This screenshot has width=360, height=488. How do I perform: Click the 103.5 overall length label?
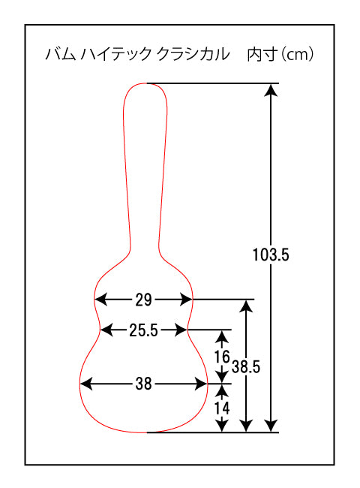coord(271,255)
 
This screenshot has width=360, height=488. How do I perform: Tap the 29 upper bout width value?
coord(143,300)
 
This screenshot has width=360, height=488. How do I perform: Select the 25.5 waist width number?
coord(144,330)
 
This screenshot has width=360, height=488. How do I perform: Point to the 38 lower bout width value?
coord(143,384)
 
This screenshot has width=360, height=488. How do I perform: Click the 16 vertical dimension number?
coord(222,357)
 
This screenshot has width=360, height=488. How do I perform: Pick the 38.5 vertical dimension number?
coord(245,366)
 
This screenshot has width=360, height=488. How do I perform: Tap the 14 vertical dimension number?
coord(222,408)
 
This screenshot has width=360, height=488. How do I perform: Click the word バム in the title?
coord(61,54)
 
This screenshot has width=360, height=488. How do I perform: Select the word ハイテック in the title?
coord(115,54)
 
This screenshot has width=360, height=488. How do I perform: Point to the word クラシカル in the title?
coord(193,54)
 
